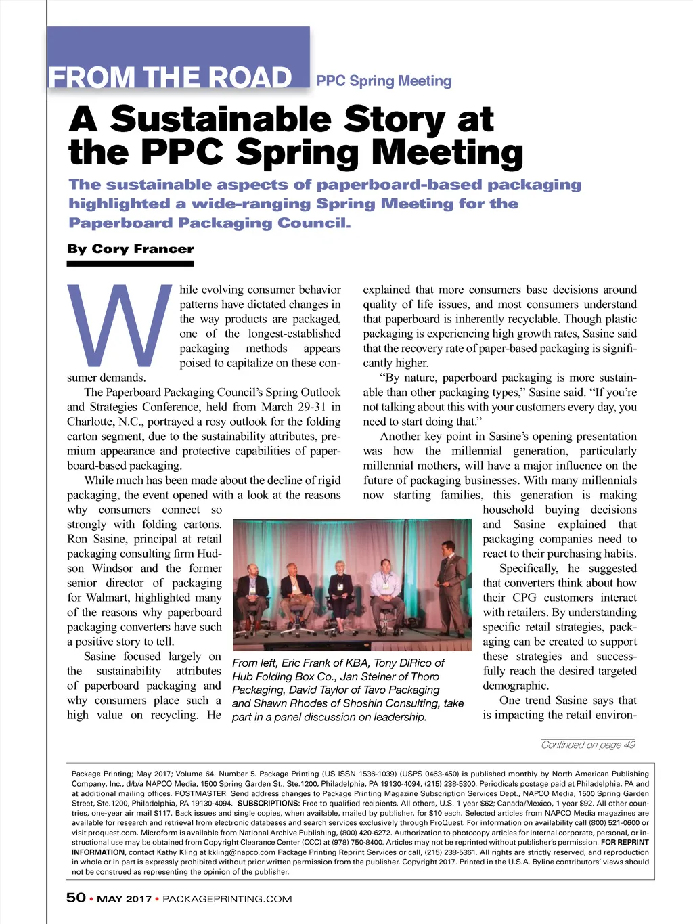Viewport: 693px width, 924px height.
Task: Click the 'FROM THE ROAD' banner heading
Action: point(170,78)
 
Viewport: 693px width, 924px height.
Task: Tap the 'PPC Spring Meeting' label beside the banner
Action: point(384,81)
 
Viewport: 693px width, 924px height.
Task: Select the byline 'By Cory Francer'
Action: point(130,249)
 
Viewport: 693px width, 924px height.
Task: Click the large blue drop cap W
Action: point(120,325)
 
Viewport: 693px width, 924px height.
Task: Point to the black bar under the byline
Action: point(130,263)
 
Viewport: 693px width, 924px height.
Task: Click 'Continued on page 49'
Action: point(588,745)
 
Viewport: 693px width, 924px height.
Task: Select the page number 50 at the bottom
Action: point(76,898)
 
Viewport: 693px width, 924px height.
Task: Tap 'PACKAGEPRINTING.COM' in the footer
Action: point(227,899)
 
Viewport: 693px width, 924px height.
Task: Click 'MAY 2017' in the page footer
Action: point(124,899)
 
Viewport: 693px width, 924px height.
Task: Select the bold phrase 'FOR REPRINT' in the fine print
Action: point(625,843)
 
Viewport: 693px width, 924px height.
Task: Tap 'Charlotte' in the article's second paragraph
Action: point(93,422)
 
